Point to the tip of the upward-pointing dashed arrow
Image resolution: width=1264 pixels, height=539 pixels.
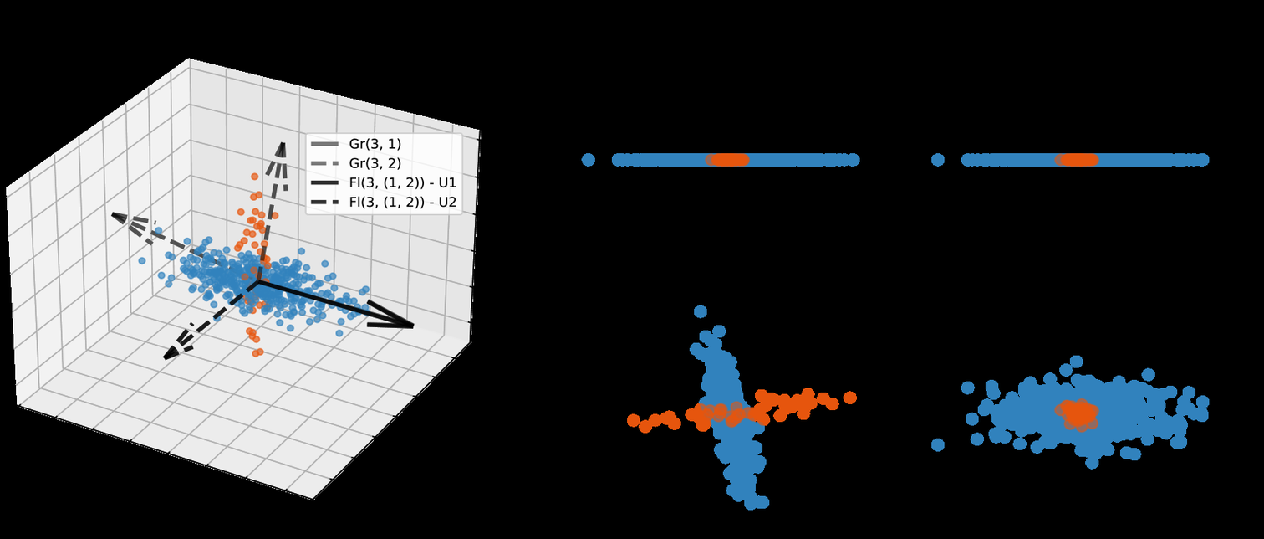point(283,145)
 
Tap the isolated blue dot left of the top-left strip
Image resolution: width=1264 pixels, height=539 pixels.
point(589,160)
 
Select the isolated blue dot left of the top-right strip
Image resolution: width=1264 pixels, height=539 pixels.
point(938,160)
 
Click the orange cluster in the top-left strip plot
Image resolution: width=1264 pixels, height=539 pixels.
point(727,160)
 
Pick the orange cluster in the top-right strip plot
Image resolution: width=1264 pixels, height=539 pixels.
point(1077,160)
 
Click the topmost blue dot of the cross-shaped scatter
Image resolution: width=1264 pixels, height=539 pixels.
point(701,311)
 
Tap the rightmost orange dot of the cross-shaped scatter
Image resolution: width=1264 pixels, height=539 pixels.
point(850,398)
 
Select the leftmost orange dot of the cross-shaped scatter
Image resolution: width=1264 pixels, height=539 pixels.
point(634,420)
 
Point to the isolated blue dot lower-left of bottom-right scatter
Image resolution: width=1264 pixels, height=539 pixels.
point(938,444)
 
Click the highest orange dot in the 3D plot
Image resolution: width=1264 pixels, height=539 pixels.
point(255,177)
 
